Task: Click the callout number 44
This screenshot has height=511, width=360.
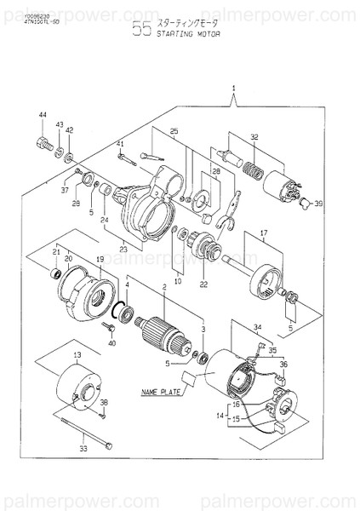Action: coord(42,114)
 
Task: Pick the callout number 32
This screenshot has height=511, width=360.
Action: coord(254,136)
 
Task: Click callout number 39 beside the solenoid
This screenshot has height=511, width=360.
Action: coord(317,205)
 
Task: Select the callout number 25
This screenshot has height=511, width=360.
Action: coord(174,131)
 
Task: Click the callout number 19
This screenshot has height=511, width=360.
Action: coord(99,258)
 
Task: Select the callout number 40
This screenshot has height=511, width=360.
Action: coord(111,342)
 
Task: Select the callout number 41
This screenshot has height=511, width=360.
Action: coord(120,143)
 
